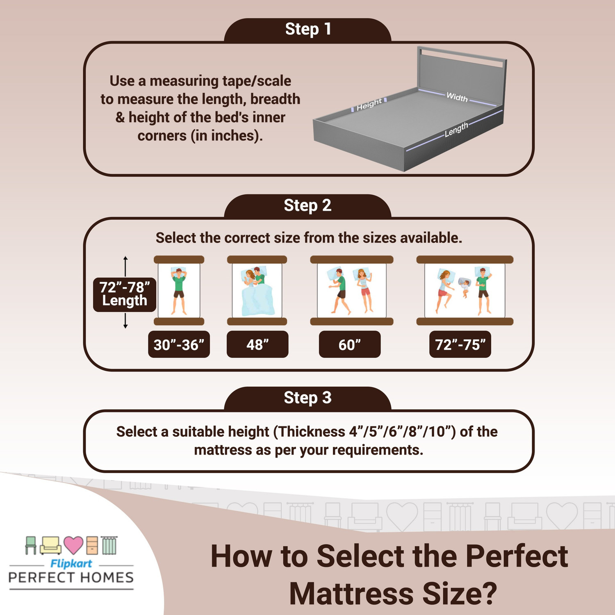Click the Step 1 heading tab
(307, 30)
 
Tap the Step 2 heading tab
(307, 206)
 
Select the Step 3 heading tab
(307, 398)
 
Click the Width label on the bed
(457, 97)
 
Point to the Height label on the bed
(369, 105)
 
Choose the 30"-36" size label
(179, 345)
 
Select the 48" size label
(257, 345)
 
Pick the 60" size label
(350, 345)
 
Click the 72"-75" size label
(460, 345)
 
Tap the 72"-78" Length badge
(125, 294)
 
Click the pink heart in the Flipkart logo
(74, 545)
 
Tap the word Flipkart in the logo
(71, 564)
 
